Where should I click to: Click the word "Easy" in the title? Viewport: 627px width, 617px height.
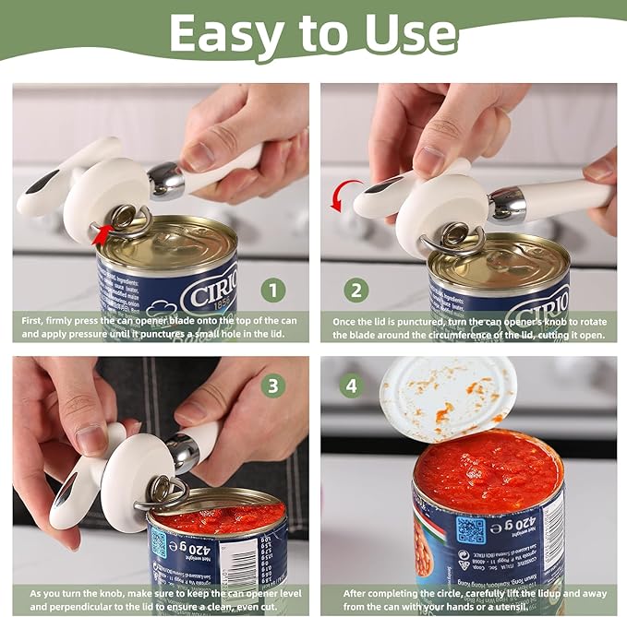point(221,35)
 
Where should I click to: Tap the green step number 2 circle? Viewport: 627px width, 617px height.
point(356,291)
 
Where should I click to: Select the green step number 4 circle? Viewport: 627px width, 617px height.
point(351,384)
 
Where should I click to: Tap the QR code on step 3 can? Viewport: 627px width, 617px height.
point(160,543)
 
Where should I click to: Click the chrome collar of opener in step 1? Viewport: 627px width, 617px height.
point(167,180)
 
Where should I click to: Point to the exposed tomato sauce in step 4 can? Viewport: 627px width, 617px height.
point(488,471)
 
